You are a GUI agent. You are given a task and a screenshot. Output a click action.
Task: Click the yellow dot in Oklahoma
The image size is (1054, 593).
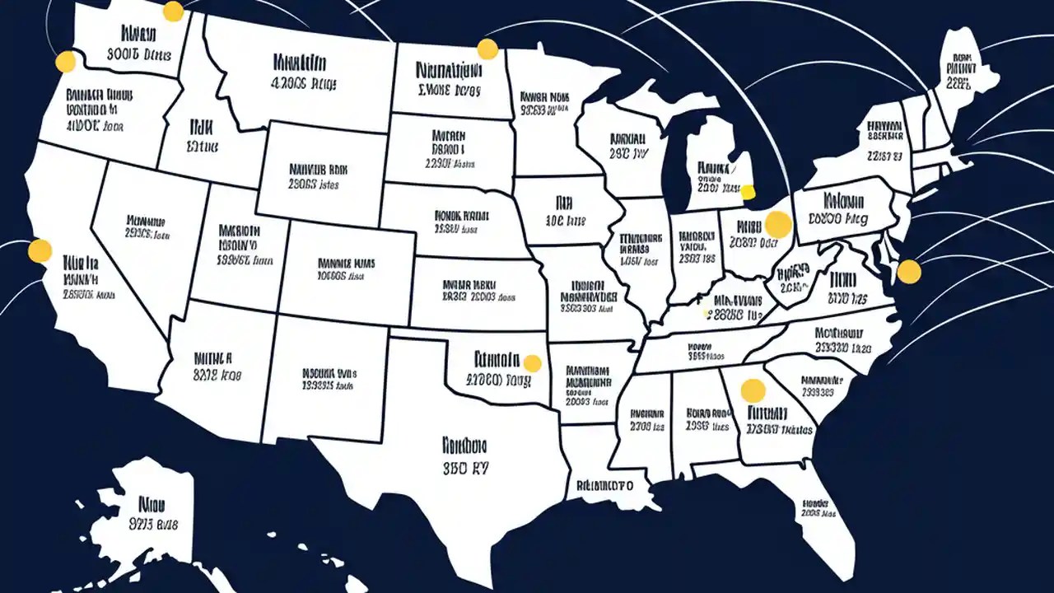(533, 363)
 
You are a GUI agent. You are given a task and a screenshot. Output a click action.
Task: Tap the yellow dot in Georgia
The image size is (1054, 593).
(753, 390)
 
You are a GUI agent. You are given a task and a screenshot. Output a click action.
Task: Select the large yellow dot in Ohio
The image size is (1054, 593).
(777, 224)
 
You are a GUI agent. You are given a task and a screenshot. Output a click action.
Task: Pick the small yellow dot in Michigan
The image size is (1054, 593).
(748, 193)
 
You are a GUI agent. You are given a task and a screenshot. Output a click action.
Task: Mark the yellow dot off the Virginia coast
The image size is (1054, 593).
(908, 271)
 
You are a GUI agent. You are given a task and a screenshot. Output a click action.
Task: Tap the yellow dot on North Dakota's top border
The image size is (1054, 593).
(487, 49)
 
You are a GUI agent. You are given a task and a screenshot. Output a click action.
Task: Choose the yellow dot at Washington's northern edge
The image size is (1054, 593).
(173, 12)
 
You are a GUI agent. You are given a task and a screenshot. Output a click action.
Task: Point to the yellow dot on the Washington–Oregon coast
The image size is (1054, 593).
(65, 62)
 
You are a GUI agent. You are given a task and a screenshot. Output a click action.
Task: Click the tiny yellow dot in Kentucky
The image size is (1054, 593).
(706, 313)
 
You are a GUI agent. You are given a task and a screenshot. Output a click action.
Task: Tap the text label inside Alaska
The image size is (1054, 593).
(153, 512)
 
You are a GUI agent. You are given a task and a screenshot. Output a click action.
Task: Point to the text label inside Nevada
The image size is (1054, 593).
(147, 228)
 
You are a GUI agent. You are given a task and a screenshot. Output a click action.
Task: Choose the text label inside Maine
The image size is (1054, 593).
(960, 71)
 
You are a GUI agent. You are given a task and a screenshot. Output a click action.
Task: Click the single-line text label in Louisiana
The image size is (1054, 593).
(604, 485)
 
